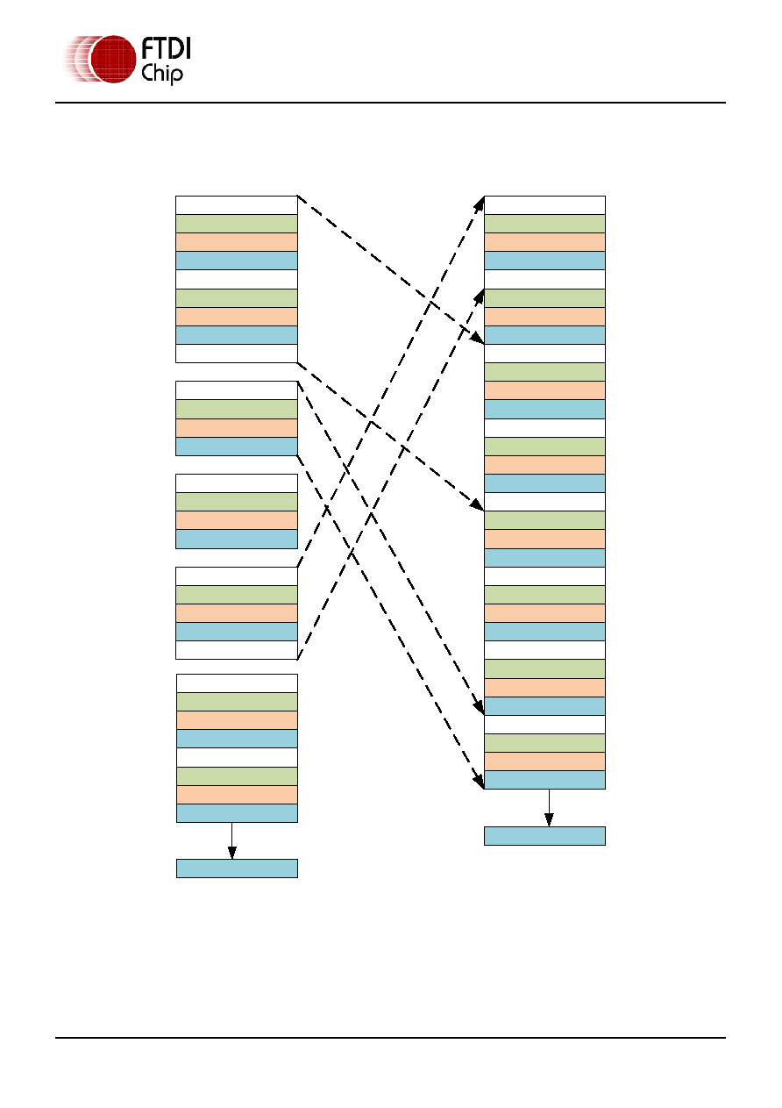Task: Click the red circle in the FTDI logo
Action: pos(113,59)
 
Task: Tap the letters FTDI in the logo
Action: pos(166,49)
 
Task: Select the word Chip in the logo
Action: pos(162,75)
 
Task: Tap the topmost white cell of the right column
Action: pos(544,205)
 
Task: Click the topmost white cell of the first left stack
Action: pos(237,205)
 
